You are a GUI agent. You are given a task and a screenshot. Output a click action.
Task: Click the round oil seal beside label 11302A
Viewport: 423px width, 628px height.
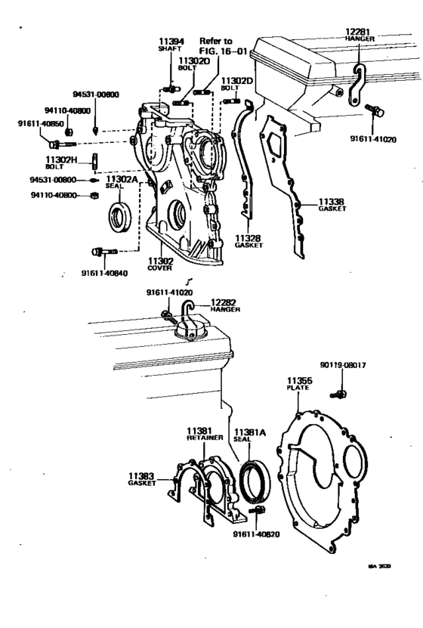click(x=119, y=217)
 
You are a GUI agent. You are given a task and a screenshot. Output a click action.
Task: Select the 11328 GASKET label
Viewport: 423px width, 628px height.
click(x=247, y=242)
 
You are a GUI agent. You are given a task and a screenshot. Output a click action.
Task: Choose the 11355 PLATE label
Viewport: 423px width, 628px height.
click(x=298, y=382)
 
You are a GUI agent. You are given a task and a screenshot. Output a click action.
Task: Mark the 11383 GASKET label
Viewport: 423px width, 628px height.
click(x=141, y=479)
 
